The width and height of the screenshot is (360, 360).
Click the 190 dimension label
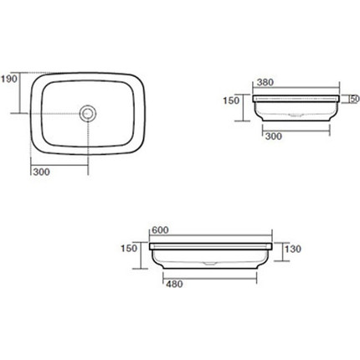click(9, 79)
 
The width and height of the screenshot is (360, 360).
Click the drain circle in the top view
click(88, 113)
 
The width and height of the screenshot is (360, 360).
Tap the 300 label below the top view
click(42, 172)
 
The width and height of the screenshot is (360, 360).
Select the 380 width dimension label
click(265, 82)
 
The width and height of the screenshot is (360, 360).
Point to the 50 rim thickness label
click(355, 99)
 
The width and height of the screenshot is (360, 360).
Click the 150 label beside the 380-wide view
click(231, 100)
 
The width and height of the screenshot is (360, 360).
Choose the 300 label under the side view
click(274, 136)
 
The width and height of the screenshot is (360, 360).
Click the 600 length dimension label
click(160, 230)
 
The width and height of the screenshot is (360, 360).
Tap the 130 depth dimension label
click(293, 249)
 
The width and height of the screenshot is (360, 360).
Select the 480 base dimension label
click(174, 284)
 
